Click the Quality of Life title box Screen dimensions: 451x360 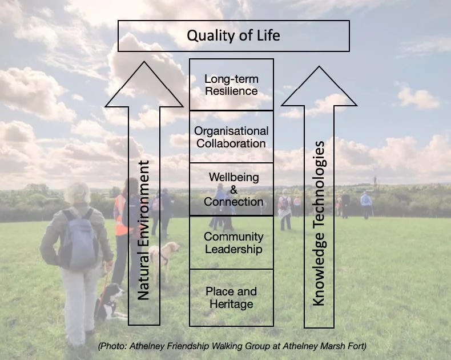coord(233,35)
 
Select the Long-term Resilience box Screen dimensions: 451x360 coord(231,85)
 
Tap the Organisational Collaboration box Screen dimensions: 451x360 coord(231,137)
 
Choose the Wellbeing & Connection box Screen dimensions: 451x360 coord(231,189)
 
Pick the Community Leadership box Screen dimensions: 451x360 coord(231,242)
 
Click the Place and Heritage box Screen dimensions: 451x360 coord(231,297)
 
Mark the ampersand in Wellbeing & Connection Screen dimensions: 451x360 coord(233,190)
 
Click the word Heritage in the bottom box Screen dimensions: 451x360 coord(231,304)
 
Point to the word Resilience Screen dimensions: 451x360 coord(231,91)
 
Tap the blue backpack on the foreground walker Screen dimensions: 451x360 coord(79,241)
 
